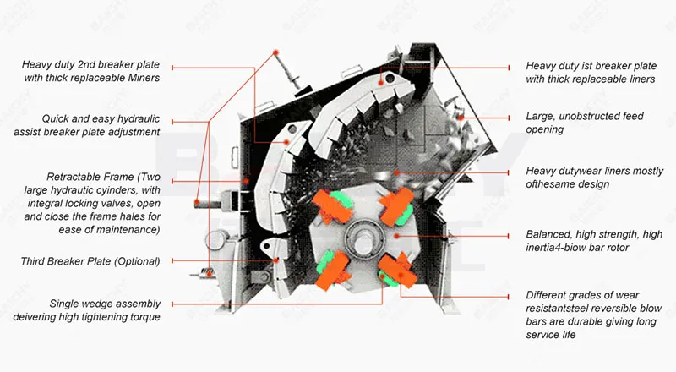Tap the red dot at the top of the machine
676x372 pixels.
tap(275, 52)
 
